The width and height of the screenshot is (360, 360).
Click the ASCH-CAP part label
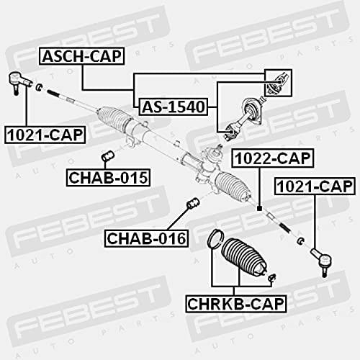(82, 56)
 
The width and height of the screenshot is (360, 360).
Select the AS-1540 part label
(174, 107)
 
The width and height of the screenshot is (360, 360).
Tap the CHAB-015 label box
(108, 178)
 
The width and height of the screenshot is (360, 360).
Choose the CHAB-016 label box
(146, 238)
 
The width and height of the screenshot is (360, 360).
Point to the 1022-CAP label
(273, 158)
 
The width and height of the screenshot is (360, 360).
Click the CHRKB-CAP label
(236, 304)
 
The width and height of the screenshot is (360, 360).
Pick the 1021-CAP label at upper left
(45, 135)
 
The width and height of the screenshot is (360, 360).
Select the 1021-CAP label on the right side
(315, 186)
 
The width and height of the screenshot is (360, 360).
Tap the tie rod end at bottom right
(322, 262)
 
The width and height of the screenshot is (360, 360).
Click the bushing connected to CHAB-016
(193, 203)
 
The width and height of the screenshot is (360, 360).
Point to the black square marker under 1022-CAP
(259, 209)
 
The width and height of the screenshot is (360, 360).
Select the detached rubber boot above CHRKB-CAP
(243, 257)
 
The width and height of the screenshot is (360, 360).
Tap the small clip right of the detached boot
(272, 277)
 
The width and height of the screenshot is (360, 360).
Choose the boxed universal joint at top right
(278, 83)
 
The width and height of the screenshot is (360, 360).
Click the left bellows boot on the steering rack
(116, 120)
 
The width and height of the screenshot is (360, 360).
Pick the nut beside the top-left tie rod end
(39, 87)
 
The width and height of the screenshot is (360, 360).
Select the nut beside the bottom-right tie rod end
(300, 240)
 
